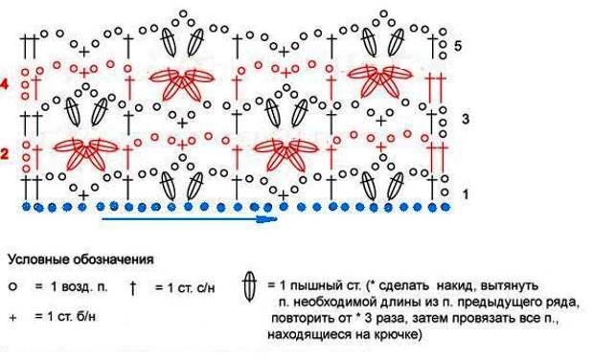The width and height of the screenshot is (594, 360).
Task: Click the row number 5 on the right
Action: pos(459,46)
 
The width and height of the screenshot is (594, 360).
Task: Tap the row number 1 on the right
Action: pos(466,194)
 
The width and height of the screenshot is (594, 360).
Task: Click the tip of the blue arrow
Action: pos(278,218)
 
